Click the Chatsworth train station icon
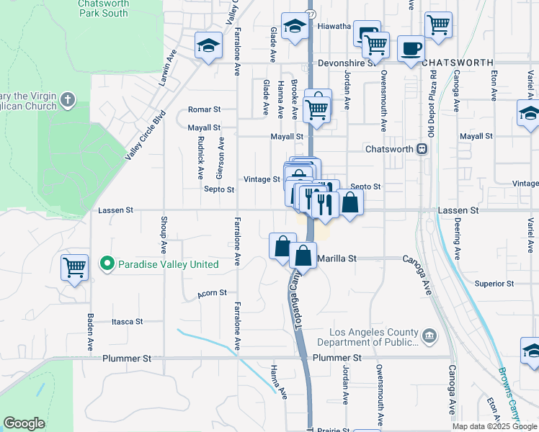[423, 149]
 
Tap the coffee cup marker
[411, 49]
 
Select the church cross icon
[68, 100]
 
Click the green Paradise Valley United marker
[107, 264]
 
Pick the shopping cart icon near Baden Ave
[74, 268]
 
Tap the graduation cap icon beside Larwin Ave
[208, 46]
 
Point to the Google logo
[24, 423]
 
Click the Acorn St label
[213, 293]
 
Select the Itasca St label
[128, 322]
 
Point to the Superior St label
[494, 284]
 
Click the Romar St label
[204, 109]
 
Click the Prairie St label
[334, 430]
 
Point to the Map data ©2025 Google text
[494, 426]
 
